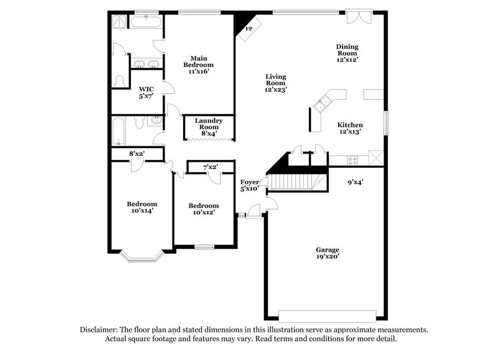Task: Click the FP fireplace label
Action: (x=249, y=29)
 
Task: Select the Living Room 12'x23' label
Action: (x=275, y=83)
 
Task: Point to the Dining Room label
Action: (x=347, y=53)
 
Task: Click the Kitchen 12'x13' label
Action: (x=350, y=127)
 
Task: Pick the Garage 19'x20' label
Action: (x=327, y=253)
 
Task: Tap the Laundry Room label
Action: (x=209, y=125)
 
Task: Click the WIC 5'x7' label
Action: (x=146, y=92)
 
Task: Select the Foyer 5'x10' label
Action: (x=249, y=185)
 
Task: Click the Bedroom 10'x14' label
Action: (x=142, y=207)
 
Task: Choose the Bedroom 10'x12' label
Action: (x=203, y=209)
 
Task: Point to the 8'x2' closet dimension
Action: (x=136, y=154)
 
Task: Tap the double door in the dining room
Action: (x=359, y=17)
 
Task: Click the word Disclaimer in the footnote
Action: (x=100, y=329)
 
